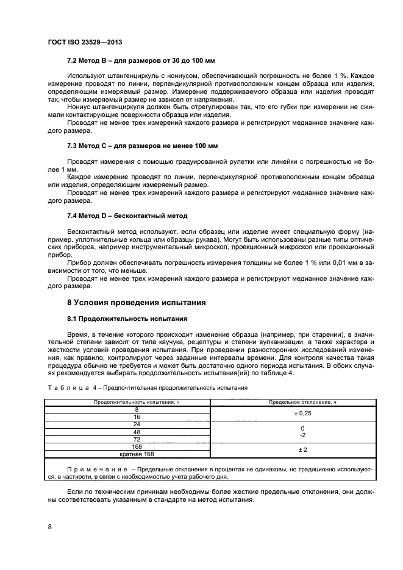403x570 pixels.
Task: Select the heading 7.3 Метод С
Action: coord(142,146)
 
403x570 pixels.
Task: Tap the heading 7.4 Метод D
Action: coord(127,216)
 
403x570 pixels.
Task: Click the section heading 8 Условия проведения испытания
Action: coord(136,303)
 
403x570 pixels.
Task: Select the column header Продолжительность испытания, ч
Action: coord(128,403)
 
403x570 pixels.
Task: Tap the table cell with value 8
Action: coord(128,410)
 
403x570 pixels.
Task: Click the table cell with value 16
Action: coord(128,417)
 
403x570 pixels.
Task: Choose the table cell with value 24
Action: coord(128,424)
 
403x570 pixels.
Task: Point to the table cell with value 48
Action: coord(128,432)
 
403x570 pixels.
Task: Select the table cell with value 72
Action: coord(128,439)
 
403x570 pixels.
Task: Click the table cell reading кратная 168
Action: coord(128,454)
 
